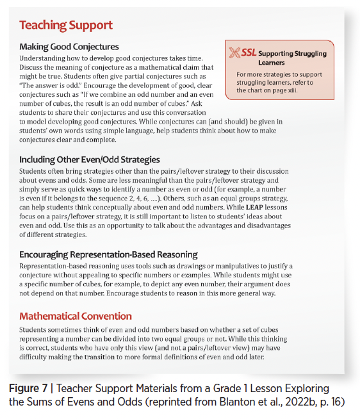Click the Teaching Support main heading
coord(66,26)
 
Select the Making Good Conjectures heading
coord(69,47)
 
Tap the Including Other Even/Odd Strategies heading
coord(90,160)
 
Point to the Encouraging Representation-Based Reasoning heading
coord(108,254)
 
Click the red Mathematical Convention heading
coord(76,316)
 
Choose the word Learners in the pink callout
coord(272,63)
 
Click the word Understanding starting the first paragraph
coord(42,58)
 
